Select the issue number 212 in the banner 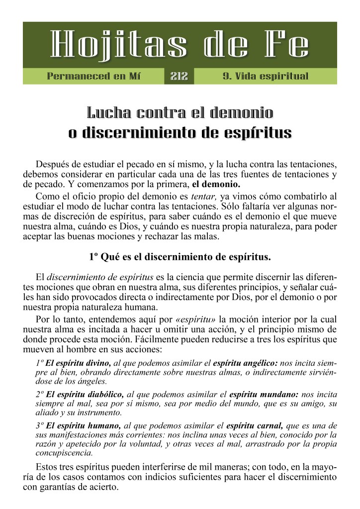(179, 76)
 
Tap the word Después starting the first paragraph (56, 164)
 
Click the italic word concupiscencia (64, 453)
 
